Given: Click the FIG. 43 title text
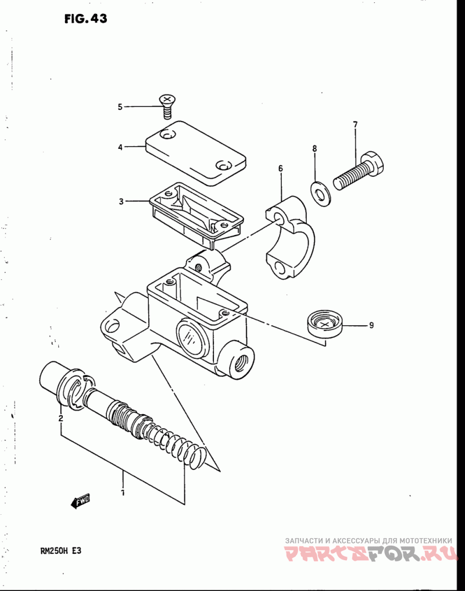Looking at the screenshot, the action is click(x=85, y=19).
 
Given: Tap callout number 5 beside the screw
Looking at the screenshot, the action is click(x=120, y=107).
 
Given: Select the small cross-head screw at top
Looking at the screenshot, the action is click(x=167, y=105).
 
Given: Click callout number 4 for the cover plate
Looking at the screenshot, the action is click(x=120, y=148).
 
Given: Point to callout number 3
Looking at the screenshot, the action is click(x=121, y=202).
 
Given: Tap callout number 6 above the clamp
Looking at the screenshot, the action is click(x=280, y=169).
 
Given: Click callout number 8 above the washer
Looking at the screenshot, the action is click(x=314, y=149).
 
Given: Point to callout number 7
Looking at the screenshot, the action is click(x=355, y=124).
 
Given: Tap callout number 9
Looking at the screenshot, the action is click(x=371, y=325).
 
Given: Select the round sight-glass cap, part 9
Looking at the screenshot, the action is click(x=325, y=323).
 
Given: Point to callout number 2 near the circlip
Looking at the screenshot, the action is click(x=60, y=418).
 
